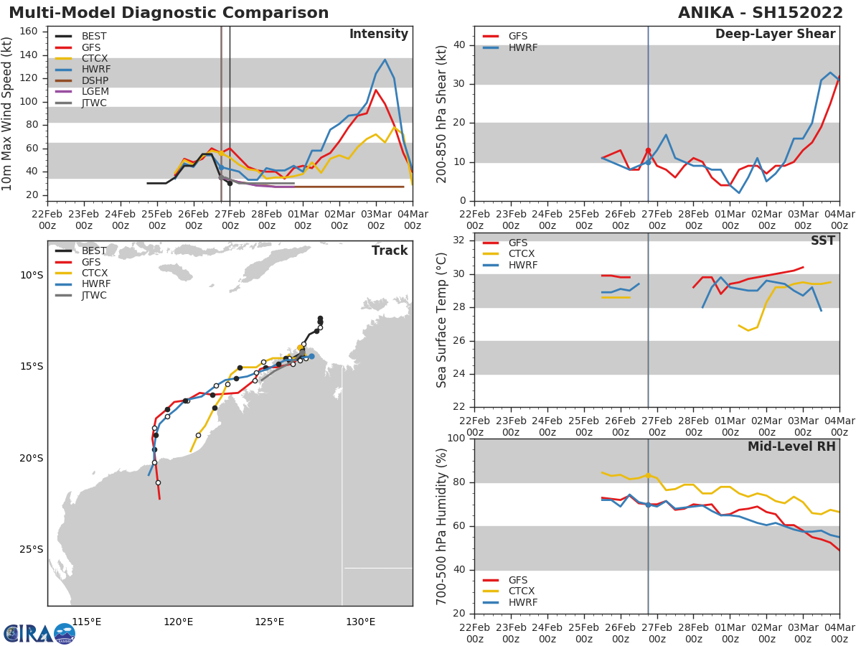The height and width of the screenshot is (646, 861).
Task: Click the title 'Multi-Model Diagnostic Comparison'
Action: (x=169, y=13)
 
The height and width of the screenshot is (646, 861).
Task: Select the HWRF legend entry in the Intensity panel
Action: (x=95, y=70)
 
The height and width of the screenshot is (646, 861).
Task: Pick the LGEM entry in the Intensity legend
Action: (x=95, y=92)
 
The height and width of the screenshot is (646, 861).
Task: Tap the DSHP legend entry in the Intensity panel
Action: (x=95, y=81)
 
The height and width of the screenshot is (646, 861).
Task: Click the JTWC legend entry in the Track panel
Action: (x=94, y=295)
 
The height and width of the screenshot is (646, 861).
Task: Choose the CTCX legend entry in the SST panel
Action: (x=522, y=254)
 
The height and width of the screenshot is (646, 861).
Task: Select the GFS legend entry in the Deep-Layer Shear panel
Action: (x=517, y=37)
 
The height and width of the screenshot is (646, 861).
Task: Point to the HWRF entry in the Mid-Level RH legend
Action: (x=522, y=603)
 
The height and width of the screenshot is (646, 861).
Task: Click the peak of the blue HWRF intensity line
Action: (x=385, y=60)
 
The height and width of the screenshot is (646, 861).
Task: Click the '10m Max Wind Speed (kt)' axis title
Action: (x=8, y=113)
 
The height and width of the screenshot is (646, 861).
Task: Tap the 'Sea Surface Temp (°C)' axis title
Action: (x=442, y=320)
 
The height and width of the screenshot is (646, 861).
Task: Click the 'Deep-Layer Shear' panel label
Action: (x=775, y=34)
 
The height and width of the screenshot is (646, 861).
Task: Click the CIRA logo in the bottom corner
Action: (x=39, y=633)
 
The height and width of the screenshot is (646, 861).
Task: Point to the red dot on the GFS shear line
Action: (x=648, y=151)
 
